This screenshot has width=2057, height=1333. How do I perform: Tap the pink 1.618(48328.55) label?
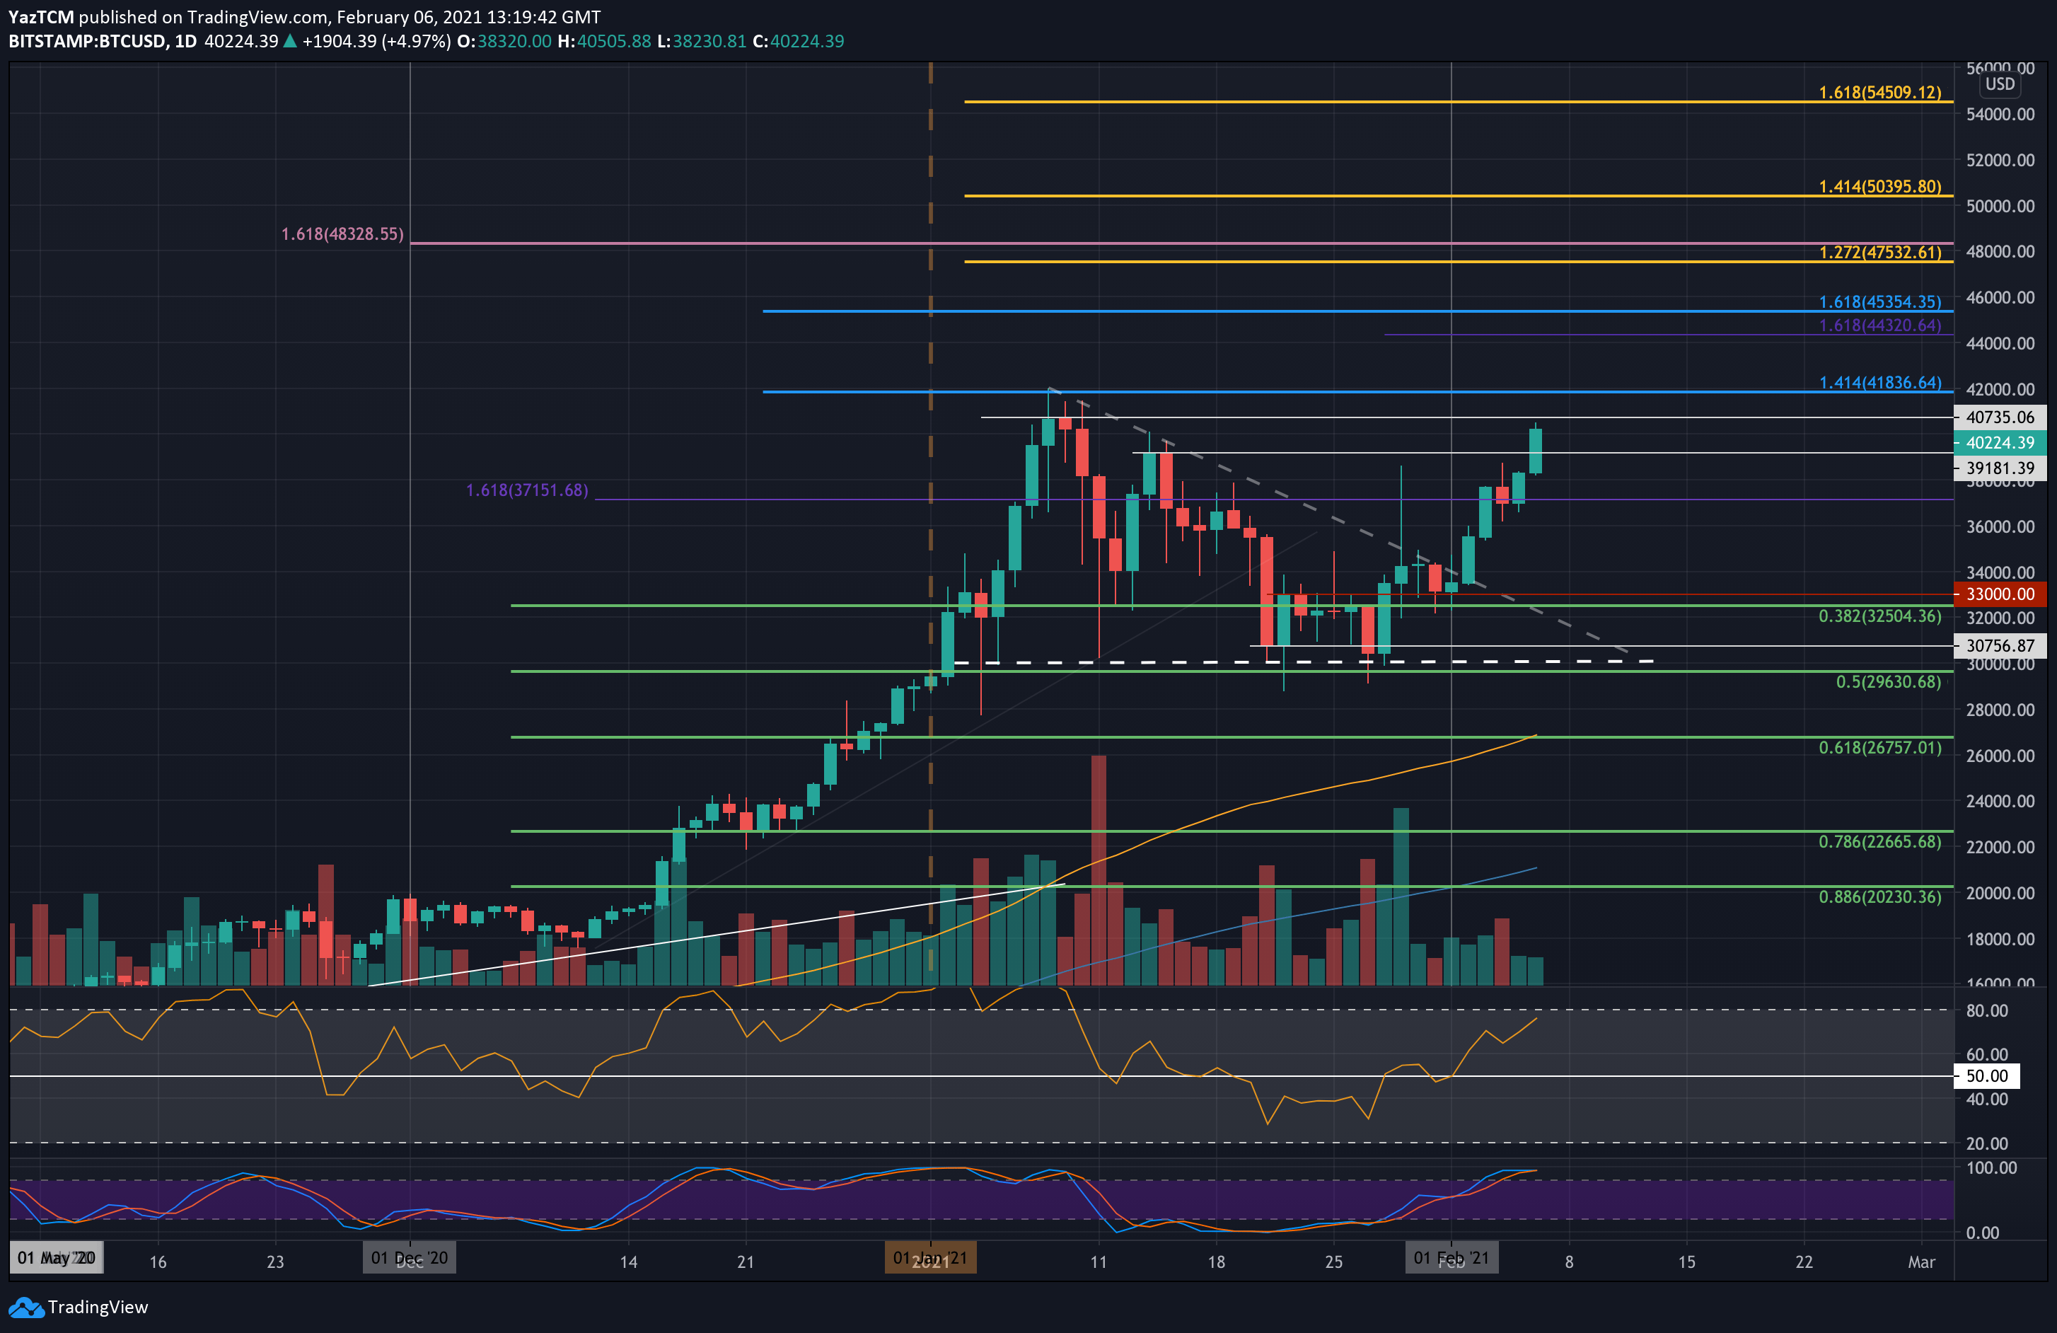[x=342, y=234]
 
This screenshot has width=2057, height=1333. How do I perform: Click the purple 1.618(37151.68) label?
[x=527, y=490]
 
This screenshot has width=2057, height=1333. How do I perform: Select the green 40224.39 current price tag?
[x=1999, y=443]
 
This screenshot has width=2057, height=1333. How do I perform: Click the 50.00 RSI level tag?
[x=1986, y=1076]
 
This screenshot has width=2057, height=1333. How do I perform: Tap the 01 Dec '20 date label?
[x=410, y=1258]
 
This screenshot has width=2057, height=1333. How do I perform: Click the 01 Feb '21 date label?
[x=1450, y=1258]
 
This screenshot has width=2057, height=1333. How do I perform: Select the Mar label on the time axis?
[x=1920, y=1262]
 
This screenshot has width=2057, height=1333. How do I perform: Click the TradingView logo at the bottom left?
[x=79, y=1307]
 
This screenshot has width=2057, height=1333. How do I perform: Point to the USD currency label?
[x=1999, y=84]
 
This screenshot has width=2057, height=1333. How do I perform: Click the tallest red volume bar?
[x=1099, y=869]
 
